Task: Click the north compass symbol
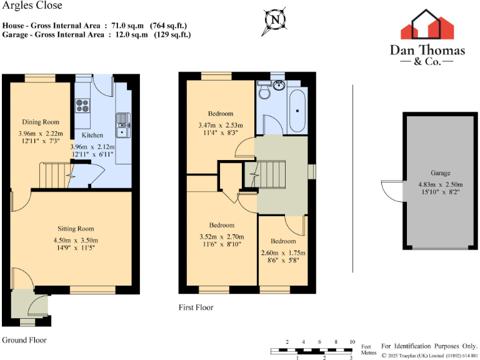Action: point(274,19)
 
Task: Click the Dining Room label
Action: point(41,122)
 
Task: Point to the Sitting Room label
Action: point(76,229)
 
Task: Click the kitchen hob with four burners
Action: point(82,106)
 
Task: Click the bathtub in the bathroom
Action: point(297,110)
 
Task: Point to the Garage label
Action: point(440,173)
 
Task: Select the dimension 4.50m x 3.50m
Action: point(76,241)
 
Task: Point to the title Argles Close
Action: point(24,6)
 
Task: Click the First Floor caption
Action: point(196,307)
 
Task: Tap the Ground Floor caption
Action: point(24,340)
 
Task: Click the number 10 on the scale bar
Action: point(352,342)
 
